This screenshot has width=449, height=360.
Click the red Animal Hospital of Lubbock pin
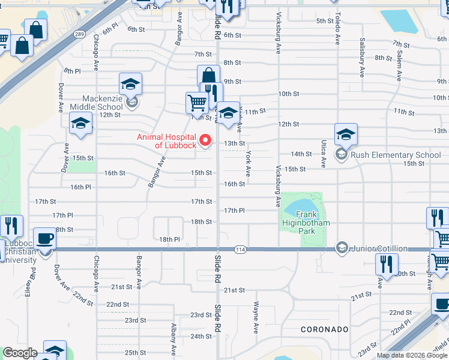pos(205,141)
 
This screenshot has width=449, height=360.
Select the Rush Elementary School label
pos(396,155)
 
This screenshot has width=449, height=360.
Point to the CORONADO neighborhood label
pos(324,329)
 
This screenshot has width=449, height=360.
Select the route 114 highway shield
pos(240,249)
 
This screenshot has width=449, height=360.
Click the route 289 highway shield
pos(79,34)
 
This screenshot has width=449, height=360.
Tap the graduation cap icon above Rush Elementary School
pos(346,134)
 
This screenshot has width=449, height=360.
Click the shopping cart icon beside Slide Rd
pos(197,103)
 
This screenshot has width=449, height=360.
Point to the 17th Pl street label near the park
pos(234,211)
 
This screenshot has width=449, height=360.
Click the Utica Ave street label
pos(323,155)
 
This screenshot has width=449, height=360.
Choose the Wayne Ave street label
pos(256,317)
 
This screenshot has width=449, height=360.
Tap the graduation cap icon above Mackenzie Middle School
pos(130,84)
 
